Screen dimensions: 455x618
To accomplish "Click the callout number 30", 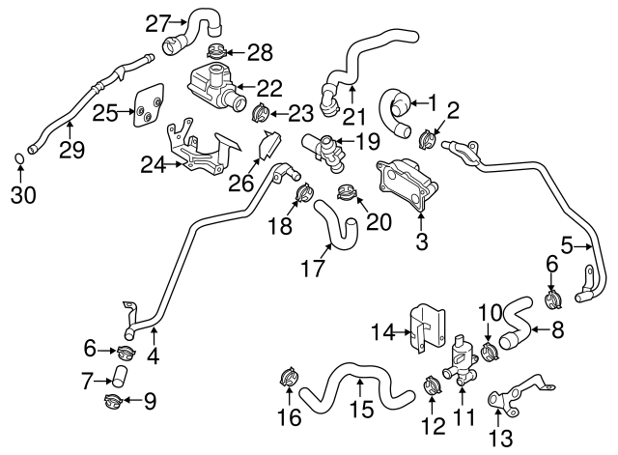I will pos(22,194).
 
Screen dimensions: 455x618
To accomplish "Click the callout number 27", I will pos(157,22).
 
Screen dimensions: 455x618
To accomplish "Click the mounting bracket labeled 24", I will pos(197,155).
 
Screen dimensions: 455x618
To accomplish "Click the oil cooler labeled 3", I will pos(402,187).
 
